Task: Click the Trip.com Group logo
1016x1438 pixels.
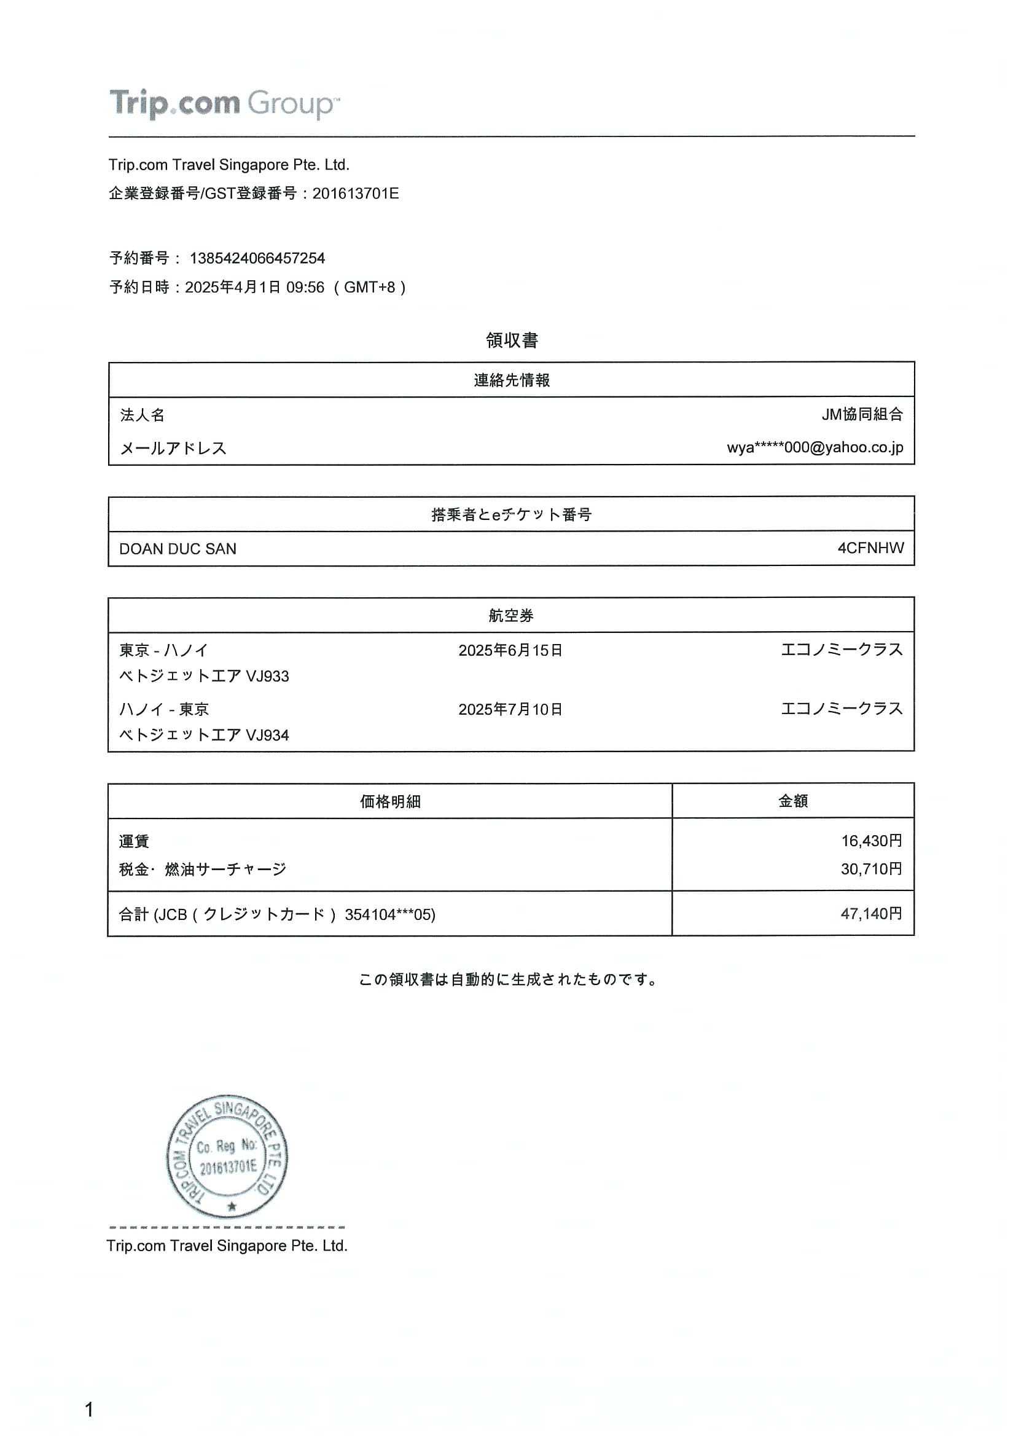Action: (224, 103)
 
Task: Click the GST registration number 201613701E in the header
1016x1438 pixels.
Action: (355, 194)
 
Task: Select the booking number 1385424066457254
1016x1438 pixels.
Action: (257, 258)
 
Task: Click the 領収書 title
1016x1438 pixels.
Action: (512, 340)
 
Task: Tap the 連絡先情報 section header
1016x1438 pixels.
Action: (512, 380)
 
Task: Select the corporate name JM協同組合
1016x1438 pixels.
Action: (862, 414)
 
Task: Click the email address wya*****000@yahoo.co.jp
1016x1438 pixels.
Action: (815, 447)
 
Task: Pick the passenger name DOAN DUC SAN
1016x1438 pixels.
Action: (178, 549)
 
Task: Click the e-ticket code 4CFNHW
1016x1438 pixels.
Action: (870, 548)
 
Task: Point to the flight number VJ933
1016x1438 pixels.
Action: (267, 677)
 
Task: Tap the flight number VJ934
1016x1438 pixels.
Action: (267, 735)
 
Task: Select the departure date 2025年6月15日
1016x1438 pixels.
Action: (510, 651)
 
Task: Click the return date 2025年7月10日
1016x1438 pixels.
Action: (510, 710)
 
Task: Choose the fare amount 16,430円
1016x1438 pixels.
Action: (871, 841)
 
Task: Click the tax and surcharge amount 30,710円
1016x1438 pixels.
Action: (871, 869)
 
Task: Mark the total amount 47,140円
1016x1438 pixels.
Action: (871, 914)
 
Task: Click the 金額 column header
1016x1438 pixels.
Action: (792, 801)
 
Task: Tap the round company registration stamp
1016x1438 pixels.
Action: (227, 1157)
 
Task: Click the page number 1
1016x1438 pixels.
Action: (89, 1410)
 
